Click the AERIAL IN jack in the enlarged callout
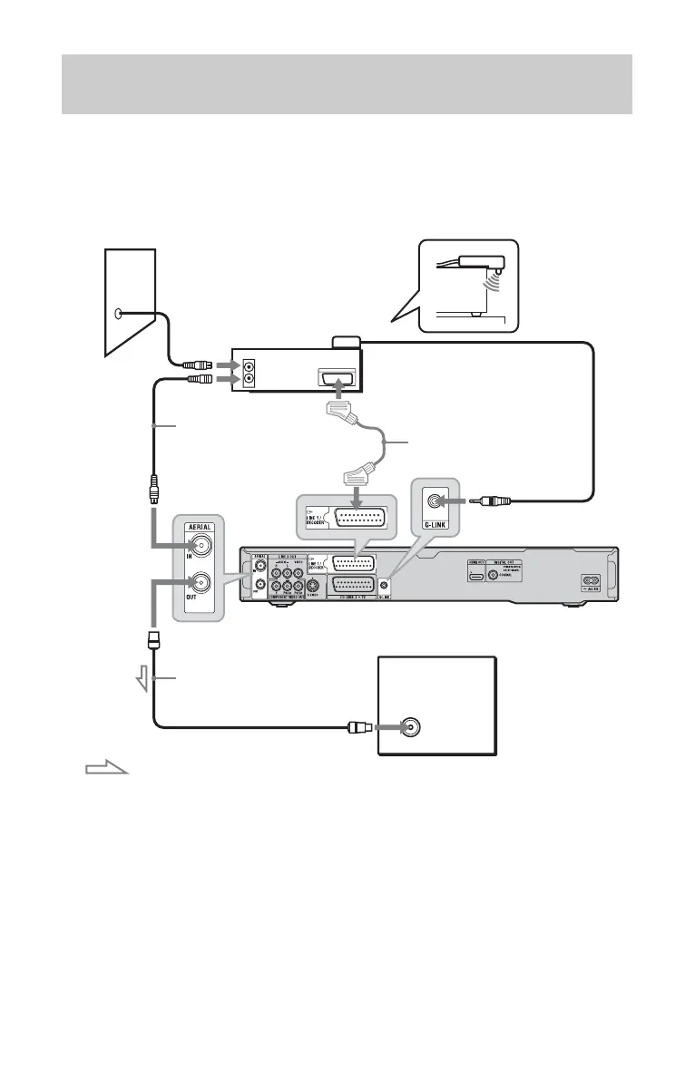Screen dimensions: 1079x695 coord(198,546)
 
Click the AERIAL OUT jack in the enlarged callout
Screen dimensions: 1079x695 coord(198,585)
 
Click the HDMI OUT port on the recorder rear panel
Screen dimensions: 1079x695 coord(475,576)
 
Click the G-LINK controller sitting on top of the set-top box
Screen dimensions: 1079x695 coord(347,342)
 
